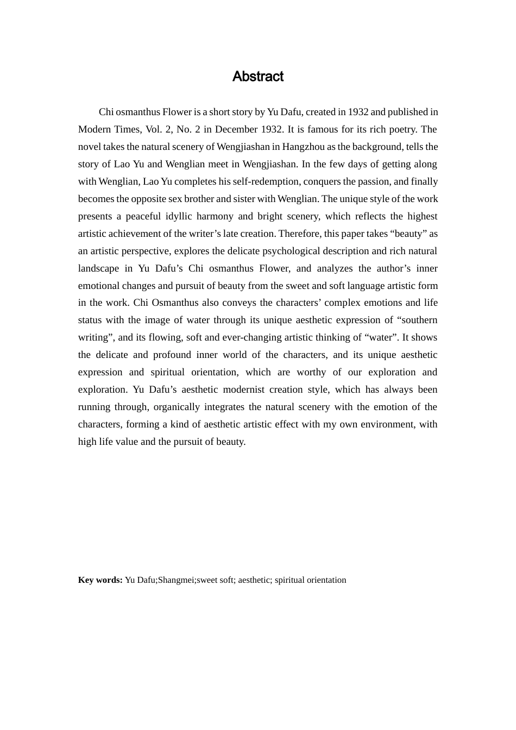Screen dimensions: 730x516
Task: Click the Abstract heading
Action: pyautogui.click(x=257, y=77)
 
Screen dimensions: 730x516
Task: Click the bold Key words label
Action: pyautogui.click(x=100, y=580)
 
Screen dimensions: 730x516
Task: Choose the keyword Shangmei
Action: pyautogui.click(x=175, y=580)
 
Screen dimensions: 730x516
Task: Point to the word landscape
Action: pyautogui.click(x=98, y=268)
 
